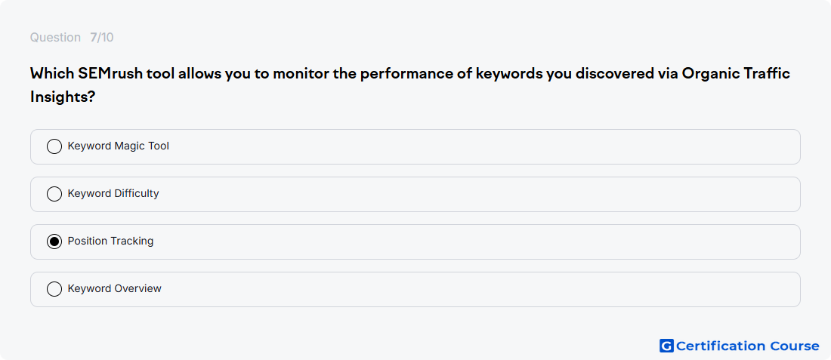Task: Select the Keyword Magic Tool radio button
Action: pos(54,146)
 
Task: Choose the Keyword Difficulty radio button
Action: pos(54,194)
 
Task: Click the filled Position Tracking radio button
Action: pos(54,242)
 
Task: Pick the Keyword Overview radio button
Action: pos(54,289)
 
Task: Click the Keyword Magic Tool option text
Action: pos(118,146)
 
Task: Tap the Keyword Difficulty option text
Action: pos(113,193)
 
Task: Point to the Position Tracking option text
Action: pos(111,241)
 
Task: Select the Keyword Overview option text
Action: pos(115,288)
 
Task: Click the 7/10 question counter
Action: pos(102,38)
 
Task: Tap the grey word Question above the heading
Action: pos(55,38)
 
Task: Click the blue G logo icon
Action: pos(666,346)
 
